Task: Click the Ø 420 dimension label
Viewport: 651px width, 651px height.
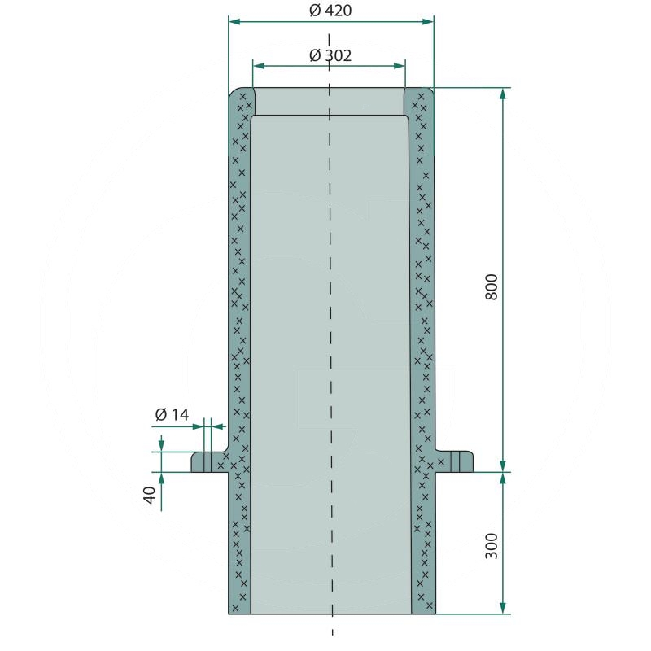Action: tap(330, 11)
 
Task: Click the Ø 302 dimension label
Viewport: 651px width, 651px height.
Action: tap(330, 55)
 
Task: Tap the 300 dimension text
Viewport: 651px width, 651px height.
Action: tap(492, 545)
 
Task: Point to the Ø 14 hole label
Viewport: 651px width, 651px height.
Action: tap(172, 415)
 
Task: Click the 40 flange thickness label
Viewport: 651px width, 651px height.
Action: tap(149, 495)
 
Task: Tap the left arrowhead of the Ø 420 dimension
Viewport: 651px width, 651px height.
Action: tap(234, 22)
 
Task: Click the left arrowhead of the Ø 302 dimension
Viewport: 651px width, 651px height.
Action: tap(258, 66)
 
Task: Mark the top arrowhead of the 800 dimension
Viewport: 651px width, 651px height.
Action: tap(503, 93)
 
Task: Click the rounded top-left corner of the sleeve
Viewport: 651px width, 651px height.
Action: tap(236, 94)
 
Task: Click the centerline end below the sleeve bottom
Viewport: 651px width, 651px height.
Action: tap(332, 631)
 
